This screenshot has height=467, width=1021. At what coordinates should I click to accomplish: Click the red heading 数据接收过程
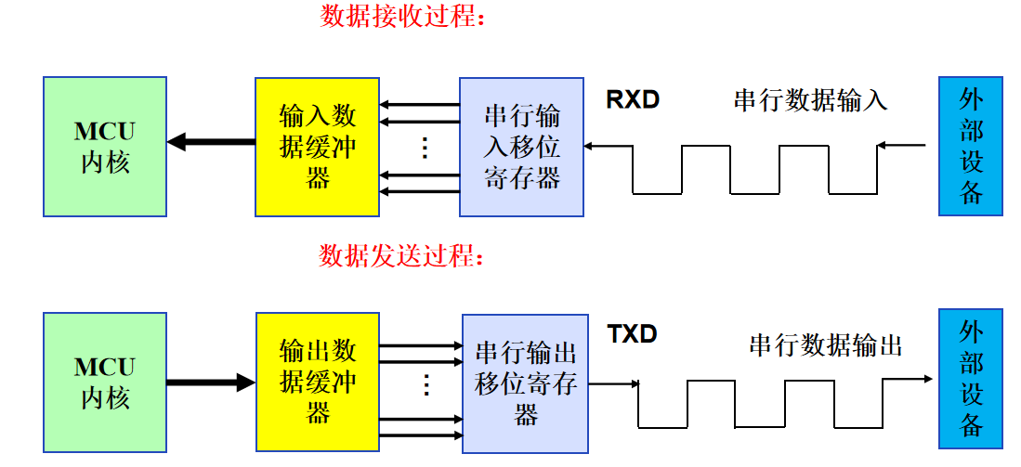coord(403,18)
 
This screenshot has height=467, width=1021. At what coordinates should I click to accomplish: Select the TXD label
coord(632,334)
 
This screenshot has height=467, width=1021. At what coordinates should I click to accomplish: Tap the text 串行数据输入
coord(810,100)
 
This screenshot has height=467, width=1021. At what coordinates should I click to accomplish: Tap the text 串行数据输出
coord(825,346)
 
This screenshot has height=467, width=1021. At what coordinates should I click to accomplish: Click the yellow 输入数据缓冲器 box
coord(318,147)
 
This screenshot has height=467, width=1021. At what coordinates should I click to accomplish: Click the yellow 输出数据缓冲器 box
coord(318,382)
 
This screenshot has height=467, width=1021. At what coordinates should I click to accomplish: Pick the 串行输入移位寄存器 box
coord(522,147)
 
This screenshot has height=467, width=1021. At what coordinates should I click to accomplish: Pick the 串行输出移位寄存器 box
coord(525,383)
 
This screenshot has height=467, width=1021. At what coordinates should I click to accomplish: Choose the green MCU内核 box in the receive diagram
coord(105,147)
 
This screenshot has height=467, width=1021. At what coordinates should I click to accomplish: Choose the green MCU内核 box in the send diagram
coord(105,382)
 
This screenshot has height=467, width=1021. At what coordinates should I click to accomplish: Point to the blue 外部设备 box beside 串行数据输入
coord(971,147)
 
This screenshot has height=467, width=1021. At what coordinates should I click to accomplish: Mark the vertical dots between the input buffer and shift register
coord(424,148)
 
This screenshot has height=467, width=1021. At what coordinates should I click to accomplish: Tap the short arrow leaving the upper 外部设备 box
coord(901,145)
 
